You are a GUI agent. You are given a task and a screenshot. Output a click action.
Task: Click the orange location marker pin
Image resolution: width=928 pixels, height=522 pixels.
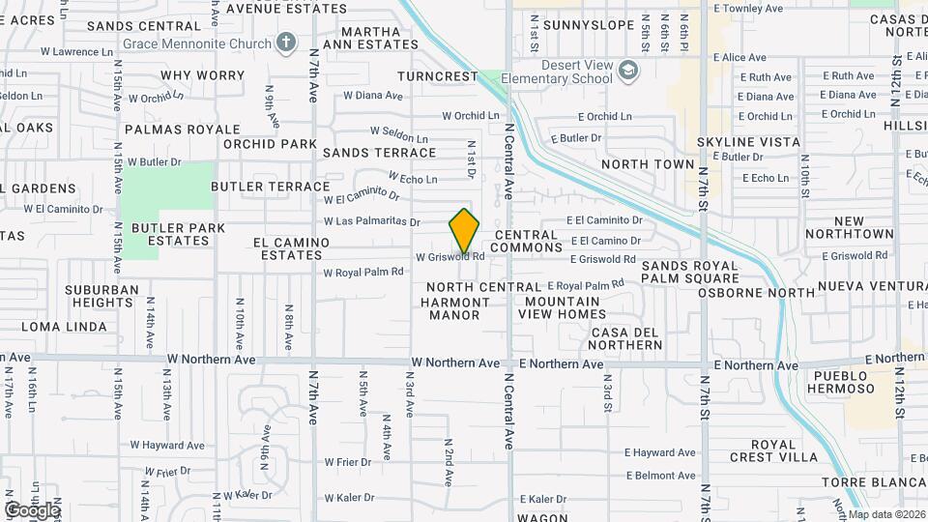pyautogui.click(x=465, y=231)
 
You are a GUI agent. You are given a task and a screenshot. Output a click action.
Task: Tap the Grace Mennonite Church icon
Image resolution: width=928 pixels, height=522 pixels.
pyautogui.click(x=285, y=42)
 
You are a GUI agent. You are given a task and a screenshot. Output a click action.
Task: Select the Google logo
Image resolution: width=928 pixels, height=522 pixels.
pyautogui.click(x=32, y=510)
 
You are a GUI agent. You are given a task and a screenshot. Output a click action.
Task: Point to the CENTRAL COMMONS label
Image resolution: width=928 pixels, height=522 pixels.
pyautogui.click(x=526, y=241)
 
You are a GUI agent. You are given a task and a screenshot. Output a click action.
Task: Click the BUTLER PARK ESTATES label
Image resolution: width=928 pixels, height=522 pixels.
pyautogui.click(x=179, y=234)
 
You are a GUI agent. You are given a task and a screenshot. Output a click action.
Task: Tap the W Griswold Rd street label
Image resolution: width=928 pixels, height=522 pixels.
pyautogui.click(x=449, y=257)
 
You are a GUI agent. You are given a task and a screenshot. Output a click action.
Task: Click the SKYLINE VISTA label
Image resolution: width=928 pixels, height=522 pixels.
pyautogui.click(x=748, y=142)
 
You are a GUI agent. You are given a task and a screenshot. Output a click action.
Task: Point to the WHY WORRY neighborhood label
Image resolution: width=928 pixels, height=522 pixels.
pyautogui.click(x=203, y=75)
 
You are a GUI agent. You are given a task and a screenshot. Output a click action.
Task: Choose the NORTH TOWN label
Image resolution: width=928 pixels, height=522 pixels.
pyautogui.click(x=648, y=164)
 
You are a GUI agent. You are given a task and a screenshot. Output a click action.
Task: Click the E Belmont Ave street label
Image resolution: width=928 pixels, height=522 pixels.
pyautogui.click(x=660, y=476)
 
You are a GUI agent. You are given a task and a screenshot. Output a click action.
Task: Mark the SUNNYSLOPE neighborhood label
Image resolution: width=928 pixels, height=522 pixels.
pyautogui.click(x=580, y=24)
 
